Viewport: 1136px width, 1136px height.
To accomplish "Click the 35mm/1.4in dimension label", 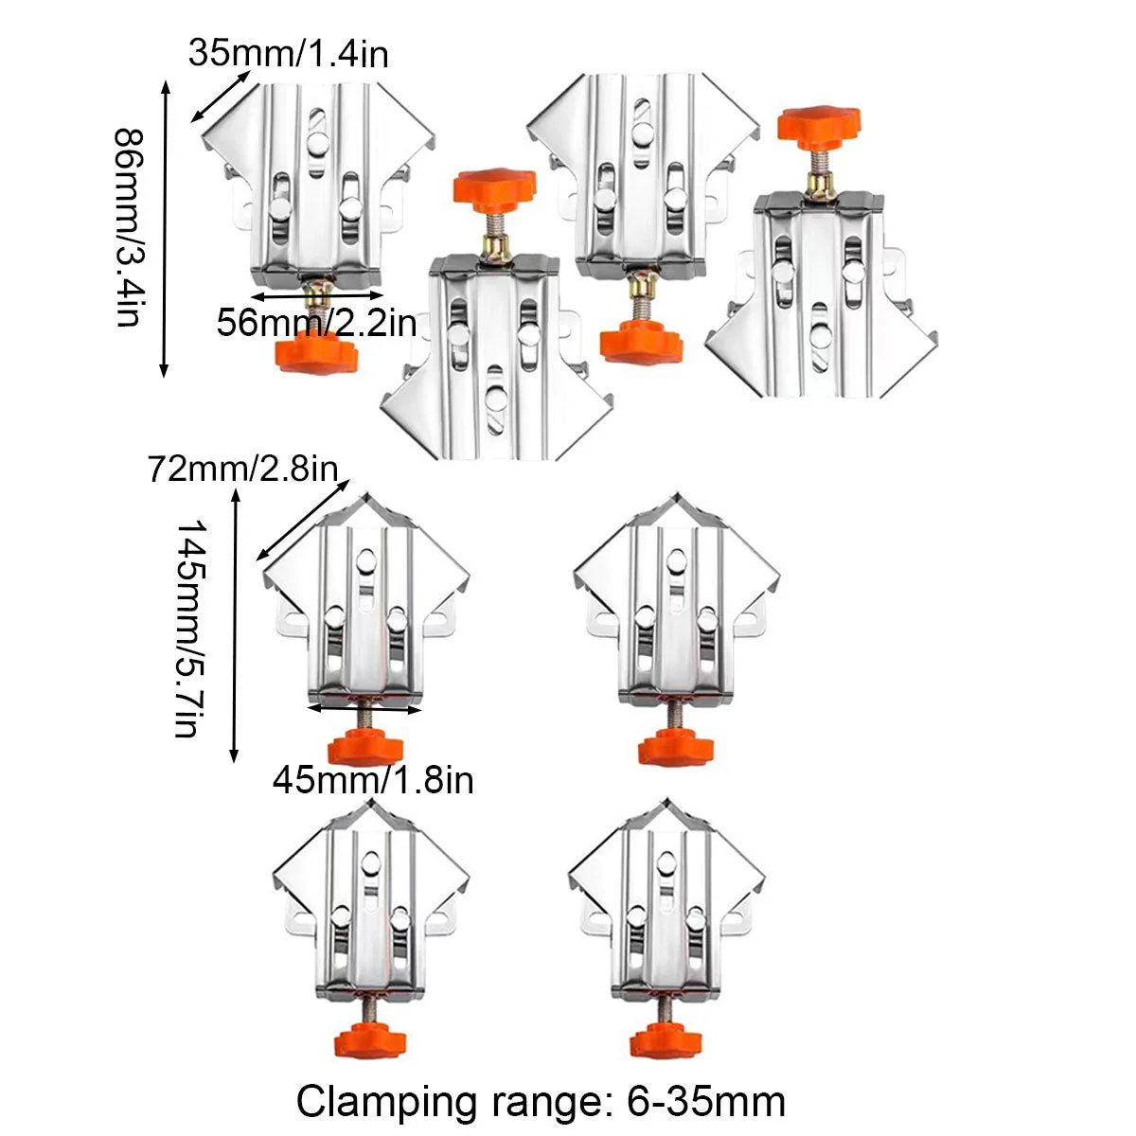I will click(x=288, y=54).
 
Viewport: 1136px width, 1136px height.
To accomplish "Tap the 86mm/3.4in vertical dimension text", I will click(x=130, y=227).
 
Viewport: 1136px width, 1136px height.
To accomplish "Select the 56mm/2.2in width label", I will click(x=316, y=324).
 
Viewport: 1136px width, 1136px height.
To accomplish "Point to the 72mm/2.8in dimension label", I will click(x=242, y=469).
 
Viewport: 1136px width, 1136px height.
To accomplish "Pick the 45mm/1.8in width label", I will click(x=373, y=780).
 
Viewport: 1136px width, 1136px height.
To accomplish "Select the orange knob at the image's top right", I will click(x=820, y=122).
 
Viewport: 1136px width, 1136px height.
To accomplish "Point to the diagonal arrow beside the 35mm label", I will click(x=220, y=95).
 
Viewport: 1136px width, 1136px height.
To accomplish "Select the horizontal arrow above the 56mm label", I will click(x=316, y=295).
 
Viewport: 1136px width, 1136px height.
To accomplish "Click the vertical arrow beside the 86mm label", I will click(x=166, y=227).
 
